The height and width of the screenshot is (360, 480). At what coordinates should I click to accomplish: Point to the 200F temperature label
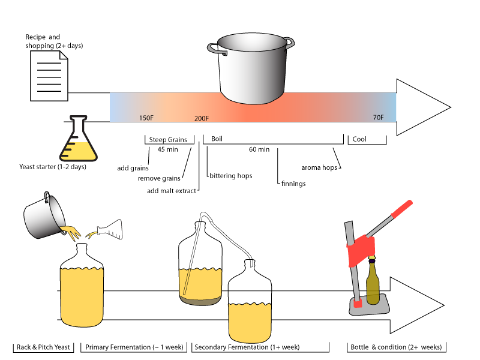(202, 118)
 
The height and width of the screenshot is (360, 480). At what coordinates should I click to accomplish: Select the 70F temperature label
(378, 118)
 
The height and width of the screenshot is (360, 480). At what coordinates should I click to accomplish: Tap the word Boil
(217, 139)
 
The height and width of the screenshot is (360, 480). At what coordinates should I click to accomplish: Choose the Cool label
(359, 139)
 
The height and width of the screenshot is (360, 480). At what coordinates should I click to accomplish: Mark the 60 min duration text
(259, 149)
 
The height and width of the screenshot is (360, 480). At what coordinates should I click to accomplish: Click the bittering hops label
(231, 176)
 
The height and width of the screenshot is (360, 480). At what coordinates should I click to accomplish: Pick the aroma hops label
(319, 168)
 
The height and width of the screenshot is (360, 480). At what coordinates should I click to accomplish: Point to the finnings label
(293, 184)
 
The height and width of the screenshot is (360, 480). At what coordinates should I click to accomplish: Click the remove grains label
(159, 178)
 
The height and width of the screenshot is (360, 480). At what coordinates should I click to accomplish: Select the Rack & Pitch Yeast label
(43, 347)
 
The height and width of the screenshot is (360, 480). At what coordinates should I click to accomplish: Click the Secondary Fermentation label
(247, 347)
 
